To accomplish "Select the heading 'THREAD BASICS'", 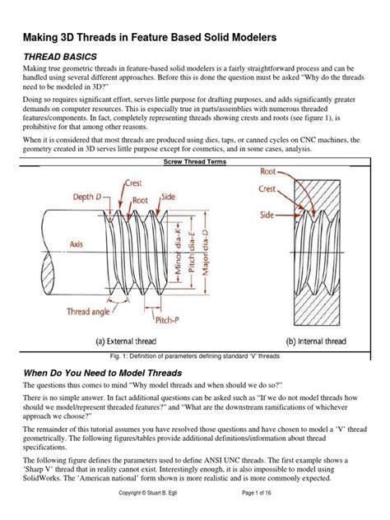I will (61, 55).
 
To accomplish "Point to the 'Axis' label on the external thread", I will (53, 244).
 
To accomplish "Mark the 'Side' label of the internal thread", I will (267, 213).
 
